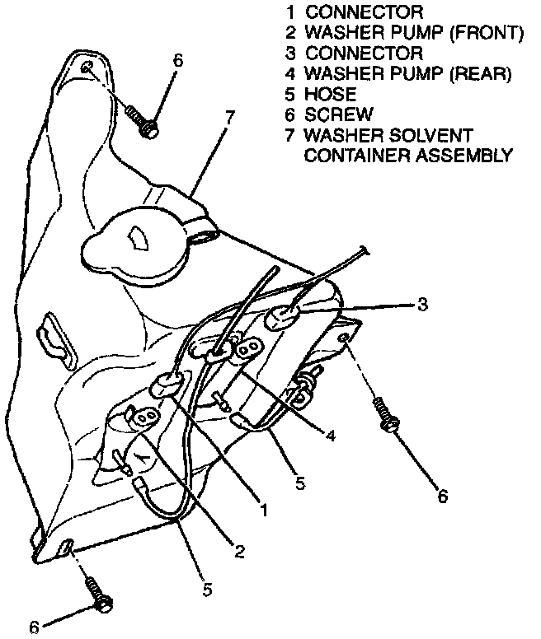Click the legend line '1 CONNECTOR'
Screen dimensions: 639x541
(354, 12)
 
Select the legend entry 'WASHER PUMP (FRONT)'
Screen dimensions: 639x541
(413, 33)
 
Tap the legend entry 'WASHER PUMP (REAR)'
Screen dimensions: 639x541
(407, 74)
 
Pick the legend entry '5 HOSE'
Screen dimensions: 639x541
(321, 95)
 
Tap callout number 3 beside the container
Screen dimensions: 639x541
(421, 306)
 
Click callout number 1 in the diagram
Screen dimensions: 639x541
(264, 511)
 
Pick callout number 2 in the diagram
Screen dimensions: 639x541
(238, 551)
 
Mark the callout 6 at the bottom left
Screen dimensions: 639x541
(35, 627)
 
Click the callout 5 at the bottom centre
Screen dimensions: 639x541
(207, 590)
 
